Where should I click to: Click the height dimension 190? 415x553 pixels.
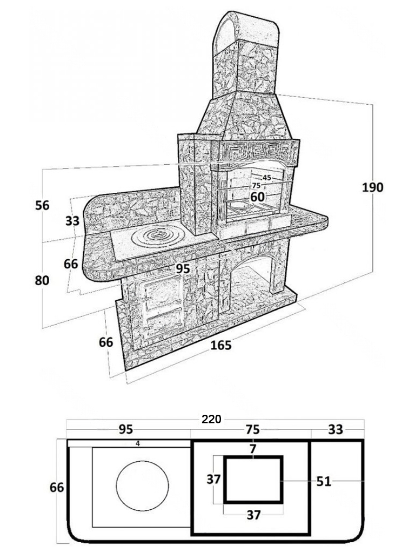click(x=373, y=187)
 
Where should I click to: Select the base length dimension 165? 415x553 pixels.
click(x=221, y=345)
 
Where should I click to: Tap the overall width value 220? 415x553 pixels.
click(x=211, y=419)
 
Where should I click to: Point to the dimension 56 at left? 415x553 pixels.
click(x=42, y=205)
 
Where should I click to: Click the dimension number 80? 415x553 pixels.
click(x=42, y=280)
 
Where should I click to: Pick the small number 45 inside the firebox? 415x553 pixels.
click(x=267, y=178)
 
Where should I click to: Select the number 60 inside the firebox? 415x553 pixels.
click(x=257, y=197)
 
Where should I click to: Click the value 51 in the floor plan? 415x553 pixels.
click(x=324, y=481)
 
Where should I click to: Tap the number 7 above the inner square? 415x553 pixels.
click(x=253, y=449)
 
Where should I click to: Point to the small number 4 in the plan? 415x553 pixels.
click(x=138, y=444)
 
